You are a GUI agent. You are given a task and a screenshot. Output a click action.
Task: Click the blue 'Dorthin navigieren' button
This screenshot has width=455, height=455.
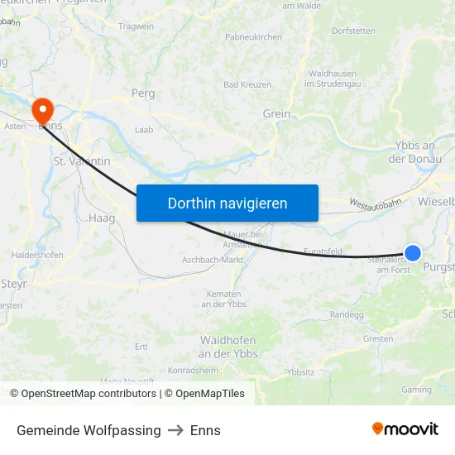[x=227, y=203]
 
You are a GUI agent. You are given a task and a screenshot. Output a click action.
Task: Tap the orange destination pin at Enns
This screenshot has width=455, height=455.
[x=41, y=111]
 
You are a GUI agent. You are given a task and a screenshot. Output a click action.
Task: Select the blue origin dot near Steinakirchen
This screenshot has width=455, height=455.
[x=413, y=254]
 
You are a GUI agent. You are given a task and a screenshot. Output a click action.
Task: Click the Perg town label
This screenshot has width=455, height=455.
[x=143, y=93]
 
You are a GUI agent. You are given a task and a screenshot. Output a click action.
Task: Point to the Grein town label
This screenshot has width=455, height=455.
[x=276, y=114]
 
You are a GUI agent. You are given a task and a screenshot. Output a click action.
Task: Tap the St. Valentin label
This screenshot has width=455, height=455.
[x=81, y=161]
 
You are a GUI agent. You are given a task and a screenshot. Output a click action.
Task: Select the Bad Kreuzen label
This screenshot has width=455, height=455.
[x=247, y=84]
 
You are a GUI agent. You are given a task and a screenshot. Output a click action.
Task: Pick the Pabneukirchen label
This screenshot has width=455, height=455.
[x=254, y=37]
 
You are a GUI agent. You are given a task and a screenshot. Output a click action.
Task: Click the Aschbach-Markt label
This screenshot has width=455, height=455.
[x=213, y=260]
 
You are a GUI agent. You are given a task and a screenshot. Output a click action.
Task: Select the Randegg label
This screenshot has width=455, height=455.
[x=347, y=315]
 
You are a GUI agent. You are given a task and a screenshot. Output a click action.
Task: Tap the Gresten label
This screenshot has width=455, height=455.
[x=377, y=339]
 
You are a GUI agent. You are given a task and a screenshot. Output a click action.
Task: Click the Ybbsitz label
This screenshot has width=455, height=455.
[x=300, y=372]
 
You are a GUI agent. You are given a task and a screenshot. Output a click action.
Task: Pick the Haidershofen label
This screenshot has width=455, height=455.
[x=37, y=256]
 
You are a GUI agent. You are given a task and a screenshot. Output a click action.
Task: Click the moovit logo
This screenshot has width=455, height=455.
[x=405, y=429]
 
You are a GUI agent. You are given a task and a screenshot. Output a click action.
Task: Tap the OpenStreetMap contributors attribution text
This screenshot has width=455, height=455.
[x=86, y=394]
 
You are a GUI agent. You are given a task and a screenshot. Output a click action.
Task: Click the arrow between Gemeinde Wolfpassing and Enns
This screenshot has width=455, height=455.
[x=175, y=430]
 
